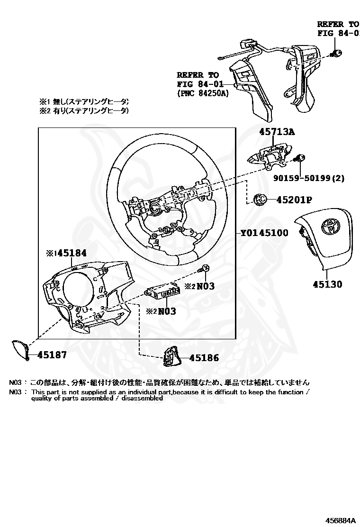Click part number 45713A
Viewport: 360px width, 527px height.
(x=277, y=132)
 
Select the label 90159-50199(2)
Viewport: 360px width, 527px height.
(x=308, y=178)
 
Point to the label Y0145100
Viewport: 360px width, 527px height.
(x=264, y=233)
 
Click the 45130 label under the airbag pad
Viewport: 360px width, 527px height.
(x=327, y=284)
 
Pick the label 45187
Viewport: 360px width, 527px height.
(x=52, y=354)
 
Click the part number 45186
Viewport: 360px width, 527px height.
(x=204, y=358)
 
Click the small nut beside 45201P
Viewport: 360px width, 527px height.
(x=260, y=200)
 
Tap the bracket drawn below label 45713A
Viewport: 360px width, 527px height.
(x=268, y=157)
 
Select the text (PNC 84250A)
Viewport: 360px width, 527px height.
(x=202, y=93)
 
